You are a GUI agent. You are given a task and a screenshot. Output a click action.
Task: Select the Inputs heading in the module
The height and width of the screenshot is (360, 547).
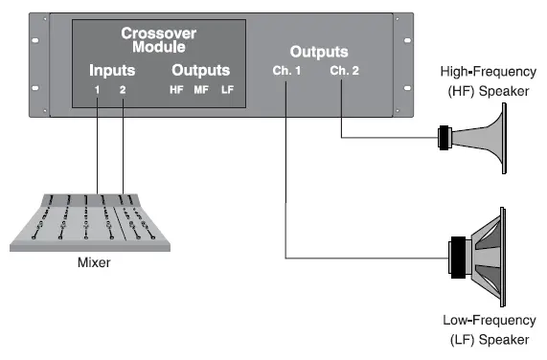tap(111, 71)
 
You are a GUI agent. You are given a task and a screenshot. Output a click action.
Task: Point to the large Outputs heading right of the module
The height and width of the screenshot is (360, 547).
tap(319, 52)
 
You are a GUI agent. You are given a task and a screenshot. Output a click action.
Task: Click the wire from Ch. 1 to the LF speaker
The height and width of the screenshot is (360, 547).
tap(286, 191)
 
